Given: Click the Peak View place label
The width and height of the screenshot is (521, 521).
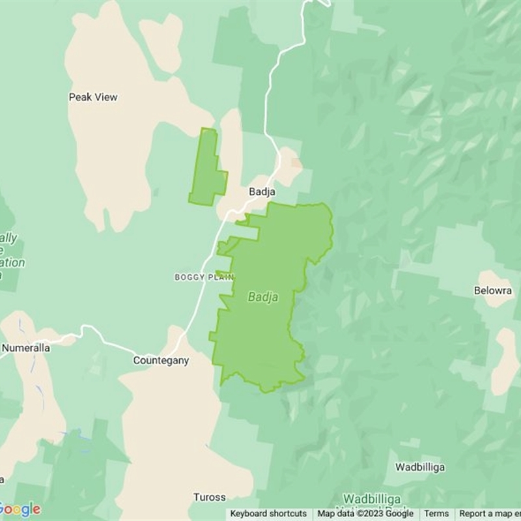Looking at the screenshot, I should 93,97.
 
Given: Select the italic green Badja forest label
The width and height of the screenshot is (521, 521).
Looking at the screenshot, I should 263,297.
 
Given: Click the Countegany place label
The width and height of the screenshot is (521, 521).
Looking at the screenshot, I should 161,360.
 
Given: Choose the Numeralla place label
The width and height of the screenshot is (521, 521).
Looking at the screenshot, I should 26,348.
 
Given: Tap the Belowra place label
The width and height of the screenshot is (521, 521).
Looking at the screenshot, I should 493,290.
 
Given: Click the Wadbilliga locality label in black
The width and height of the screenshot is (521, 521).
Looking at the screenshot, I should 419,467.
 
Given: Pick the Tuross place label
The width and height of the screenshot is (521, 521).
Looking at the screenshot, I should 209,498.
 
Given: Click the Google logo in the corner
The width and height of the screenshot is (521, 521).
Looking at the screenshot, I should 21,509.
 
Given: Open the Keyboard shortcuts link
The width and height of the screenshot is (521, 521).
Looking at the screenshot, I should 268,514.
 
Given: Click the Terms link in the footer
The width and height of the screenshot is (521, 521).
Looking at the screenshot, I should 436,514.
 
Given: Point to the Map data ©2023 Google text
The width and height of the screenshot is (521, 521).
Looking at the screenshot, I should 365,514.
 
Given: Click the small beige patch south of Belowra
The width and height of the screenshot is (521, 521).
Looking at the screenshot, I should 505,361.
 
